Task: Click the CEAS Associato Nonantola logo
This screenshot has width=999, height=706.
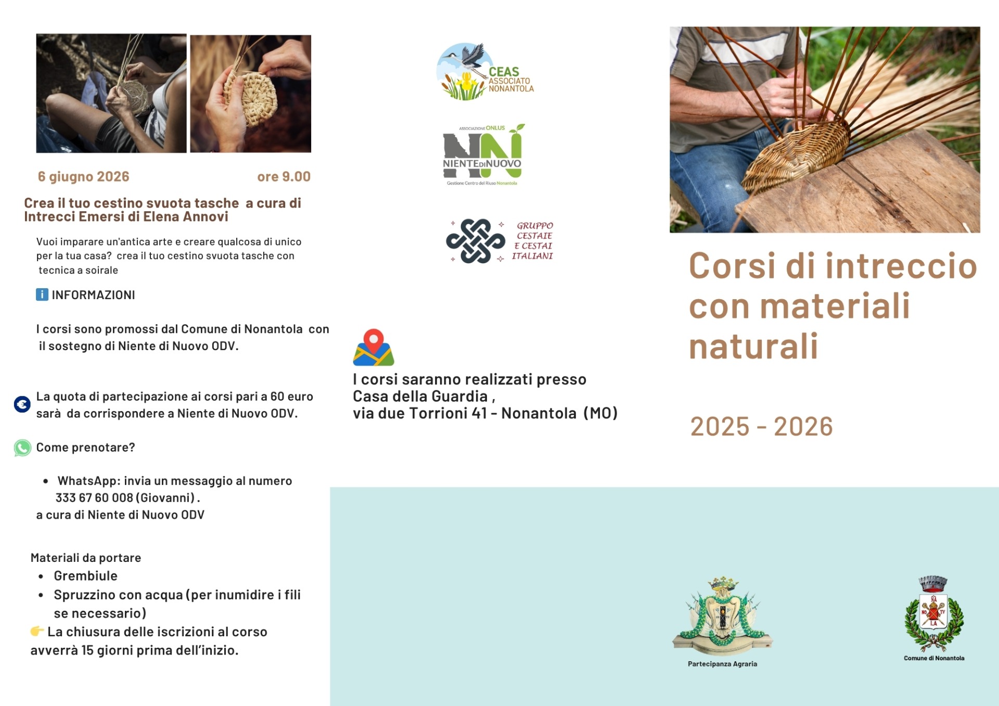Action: tap(485, 72)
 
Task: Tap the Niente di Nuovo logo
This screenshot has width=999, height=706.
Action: tap(483, 155)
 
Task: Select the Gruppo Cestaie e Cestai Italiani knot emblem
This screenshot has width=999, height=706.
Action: tap(476, 241)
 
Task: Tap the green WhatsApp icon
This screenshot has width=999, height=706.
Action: tap(22, 448)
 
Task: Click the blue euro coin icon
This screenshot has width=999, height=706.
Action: tap(22, 404)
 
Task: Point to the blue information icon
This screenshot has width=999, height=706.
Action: tap(42, 294)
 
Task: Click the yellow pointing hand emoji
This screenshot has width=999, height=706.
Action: tap(37, 631)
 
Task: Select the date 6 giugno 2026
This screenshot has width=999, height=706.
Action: tap(83, 177)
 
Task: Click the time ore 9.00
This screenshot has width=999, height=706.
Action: tap(284, 177)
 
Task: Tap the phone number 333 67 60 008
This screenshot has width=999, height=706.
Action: tap(94, 498)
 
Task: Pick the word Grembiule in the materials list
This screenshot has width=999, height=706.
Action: tap(86, 576)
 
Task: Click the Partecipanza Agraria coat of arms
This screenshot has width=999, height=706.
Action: tap(723, 616)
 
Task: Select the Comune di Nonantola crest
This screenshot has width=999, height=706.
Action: tap(934, 613)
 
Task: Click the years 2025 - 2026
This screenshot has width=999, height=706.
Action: tap(762, 427)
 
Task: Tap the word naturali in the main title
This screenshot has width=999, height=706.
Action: tap(753, 346)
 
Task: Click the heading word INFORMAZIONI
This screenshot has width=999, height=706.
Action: tap(94, 295)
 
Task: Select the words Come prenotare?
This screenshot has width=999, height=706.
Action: tap(86, 447)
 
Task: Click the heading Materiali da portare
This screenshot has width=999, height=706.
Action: tap(86, 558)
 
